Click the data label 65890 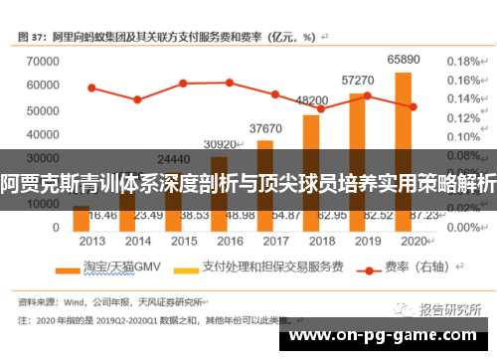[403, 60]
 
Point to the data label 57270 [358, 80]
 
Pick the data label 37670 [265, 127]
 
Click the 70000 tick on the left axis [41, 61]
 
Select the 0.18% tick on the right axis [463, 61]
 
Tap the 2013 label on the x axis [91, 240]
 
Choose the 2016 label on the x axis [229, 240]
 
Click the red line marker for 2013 [91, 88]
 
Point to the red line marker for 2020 [413, 106]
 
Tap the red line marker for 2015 [183, 84]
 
